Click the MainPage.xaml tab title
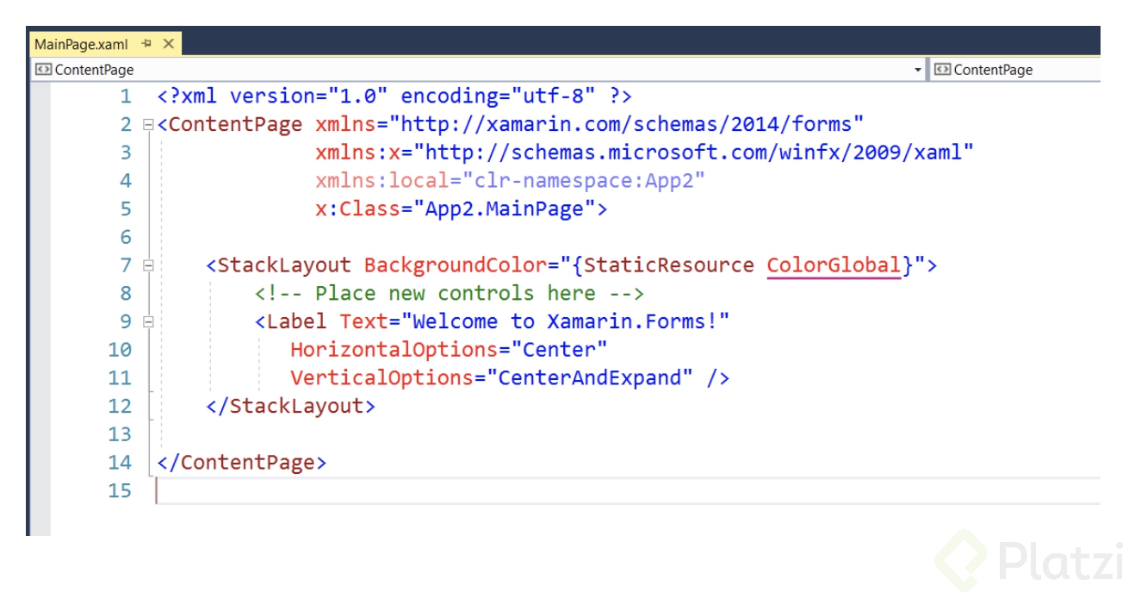click(x=81, y=44)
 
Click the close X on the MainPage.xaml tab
click(x=168, y=43)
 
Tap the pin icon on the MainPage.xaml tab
click(x=146, y=43)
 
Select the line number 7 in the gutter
click(x=126, y=265)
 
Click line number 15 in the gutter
click(x=121, y=490)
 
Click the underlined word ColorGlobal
click(x=834, y=265)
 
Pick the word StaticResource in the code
click(x=668, y=265)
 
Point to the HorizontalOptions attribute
click(x=394, y=350)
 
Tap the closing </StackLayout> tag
click(x=290, y=406)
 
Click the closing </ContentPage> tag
click(x=242, y=463)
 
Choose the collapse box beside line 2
click(x=148, y=125)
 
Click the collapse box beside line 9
click(x=148, y=322)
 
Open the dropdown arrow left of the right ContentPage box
click(x=918, y=70)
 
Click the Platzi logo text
click(x=1060, y=561)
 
